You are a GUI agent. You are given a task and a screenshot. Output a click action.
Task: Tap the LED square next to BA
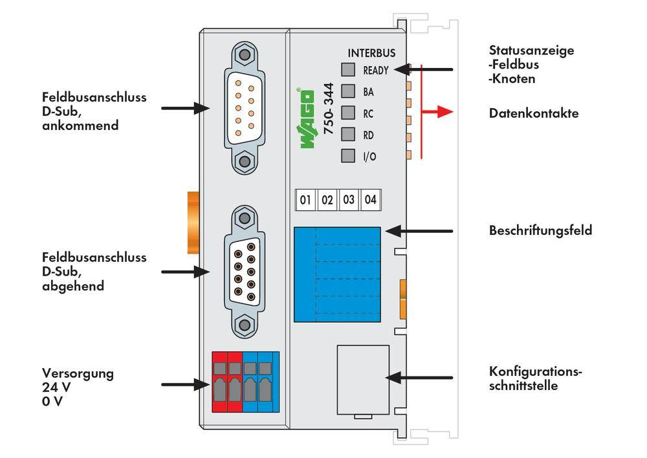[348, 91]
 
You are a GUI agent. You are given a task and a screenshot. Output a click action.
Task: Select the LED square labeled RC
[348, 113]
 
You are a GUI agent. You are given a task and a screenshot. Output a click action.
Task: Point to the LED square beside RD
[348, 134]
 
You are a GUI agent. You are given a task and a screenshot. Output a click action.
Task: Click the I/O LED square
[348, 155]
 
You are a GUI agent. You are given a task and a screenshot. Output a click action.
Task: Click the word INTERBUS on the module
[371, 53]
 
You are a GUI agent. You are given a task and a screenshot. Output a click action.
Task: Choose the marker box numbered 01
[305, 200]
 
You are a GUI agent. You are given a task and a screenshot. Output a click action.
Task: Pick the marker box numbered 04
[370, 200]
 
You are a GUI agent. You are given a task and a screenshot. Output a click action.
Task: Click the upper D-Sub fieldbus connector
[244, 107]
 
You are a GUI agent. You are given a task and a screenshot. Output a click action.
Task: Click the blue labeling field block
[336, 274]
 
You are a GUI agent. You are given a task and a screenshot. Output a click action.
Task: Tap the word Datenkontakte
[534, 113]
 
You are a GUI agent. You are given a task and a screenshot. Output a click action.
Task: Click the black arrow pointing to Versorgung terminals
[182, 384]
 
